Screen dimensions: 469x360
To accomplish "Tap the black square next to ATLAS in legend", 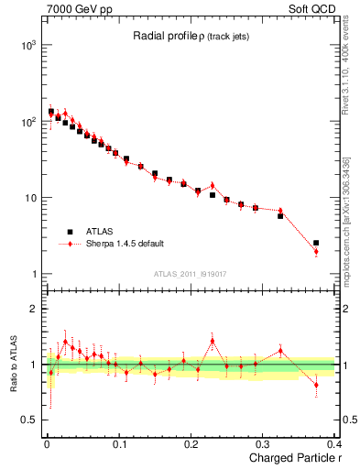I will [69, 232].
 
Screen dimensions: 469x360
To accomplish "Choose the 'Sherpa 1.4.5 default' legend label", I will [125, 244].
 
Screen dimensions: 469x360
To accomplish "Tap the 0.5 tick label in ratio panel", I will [27, 420].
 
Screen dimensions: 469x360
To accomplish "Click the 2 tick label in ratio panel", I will [32, 310].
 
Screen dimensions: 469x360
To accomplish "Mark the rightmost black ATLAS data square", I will [316, 244].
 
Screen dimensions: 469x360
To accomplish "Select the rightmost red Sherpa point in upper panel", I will [316, 251].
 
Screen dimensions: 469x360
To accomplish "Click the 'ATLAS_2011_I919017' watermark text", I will [189, 273].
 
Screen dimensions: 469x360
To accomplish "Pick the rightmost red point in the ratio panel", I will [316, 385].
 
